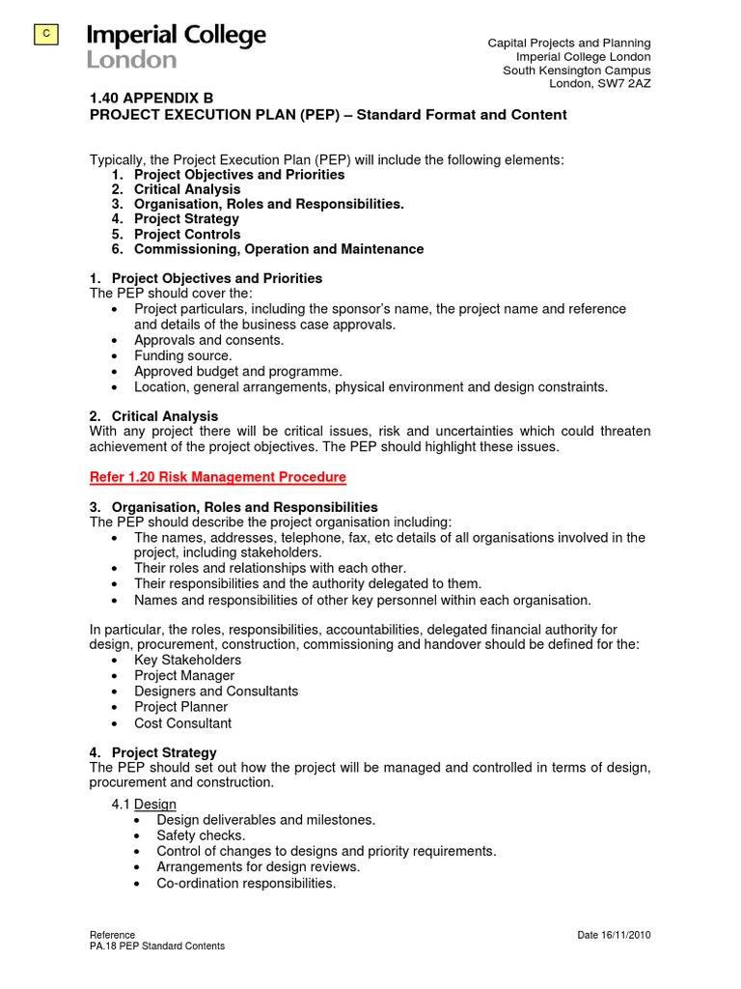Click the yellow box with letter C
[45, 36]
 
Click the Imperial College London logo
[176, 46]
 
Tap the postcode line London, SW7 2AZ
[599, 84]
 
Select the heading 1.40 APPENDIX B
[151, 98]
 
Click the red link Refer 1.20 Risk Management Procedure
[217, 477]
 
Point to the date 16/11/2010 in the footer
[614, 935]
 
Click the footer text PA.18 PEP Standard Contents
[156, 947]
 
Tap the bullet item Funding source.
[182, 355]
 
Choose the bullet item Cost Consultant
[182, 722]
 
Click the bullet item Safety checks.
[201, 835]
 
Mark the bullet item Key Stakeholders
[187, 660]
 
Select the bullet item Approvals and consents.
[208, 340]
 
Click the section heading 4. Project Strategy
[152, 752]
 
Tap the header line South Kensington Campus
[576, 71]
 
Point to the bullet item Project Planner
[180, 707]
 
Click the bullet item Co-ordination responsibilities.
[246, 883]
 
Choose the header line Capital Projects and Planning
[568, 43]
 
